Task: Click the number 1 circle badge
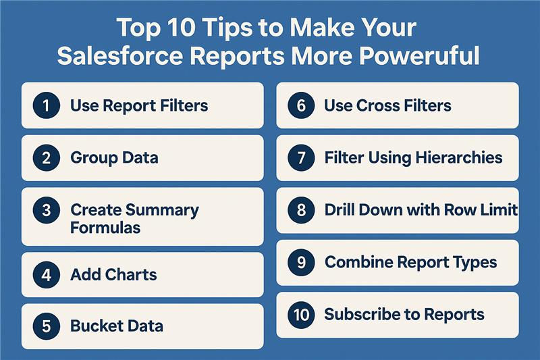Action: click(47, 105)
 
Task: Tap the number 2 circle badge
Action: click(47, 158)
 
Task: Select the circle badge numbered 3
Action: click(47, 210)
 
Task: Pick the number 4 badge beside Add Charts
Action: click(47, 275)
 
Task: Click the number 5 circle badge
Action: click(47, 326)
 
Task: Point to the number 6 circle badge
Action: click(301, 105)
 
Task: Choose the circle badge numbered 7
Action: click(301, 158)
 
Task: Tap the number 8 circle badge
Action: click(301, 210)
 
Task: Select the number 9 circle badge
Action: click(301, 263)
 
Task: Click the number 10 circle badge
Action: click(301, 315)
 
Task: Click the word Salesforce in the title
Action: click(120, 55)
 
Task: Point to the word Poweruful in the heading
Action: click(419, 55)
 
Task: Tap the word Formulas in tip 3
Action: click(105, 228)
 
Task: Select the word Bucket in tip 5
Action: click(92, 326)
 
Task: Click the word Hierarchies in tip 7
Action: click(459, 158)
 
